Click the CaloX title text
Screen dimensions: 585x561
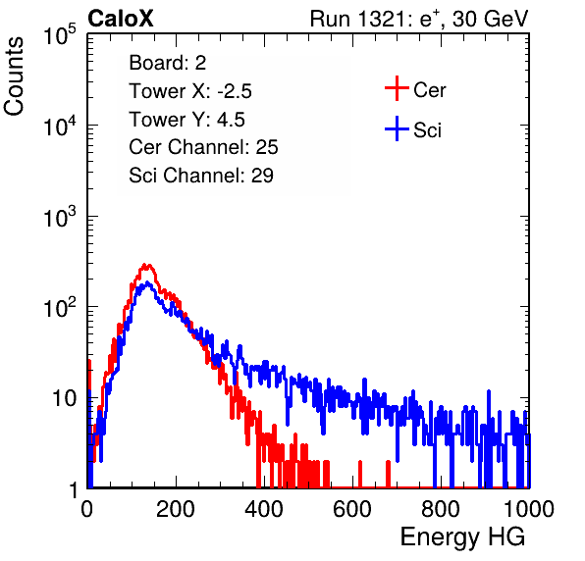(x=120, y=19)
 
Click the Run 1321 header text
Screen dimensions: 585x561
(x=419, y=19)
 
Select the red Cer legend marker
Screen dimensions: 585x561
(x=397, y=88)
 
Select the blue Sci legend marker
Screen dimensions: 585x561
(x=397, y=129)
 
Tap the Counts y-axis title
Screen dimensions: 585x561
(x=14, y=76)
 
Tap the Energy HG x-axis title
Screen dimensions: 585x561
(x=463, y=537)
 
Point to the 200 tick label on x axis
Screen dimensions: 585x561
(x=176, y=509)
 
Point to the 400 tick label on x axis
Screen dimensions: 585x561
(x=264, y=509)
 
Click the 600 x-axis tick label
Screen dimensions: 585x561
(x=352, y=509)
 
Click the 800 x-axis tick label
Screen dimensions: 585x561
(x=441, y=509)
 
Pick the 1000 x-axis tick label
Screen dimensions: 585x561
(x=528, y=509)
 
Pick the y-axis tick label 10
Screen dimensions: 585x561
(x=65, y=398)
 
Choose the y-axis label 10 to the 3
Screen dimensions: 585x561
(x=60, y=217)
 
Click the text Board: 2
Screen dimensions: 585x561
(x=167, y=63)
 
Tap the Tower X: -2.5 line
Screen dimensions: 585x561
(x=190, y=91)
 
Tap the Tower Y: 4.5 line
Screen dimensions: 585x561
(x=186, y=120)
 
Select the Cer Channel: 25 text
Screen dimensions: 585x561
(x=203, y=147)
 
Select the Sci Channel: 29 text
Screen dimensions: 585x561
(x=201, y=176)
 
